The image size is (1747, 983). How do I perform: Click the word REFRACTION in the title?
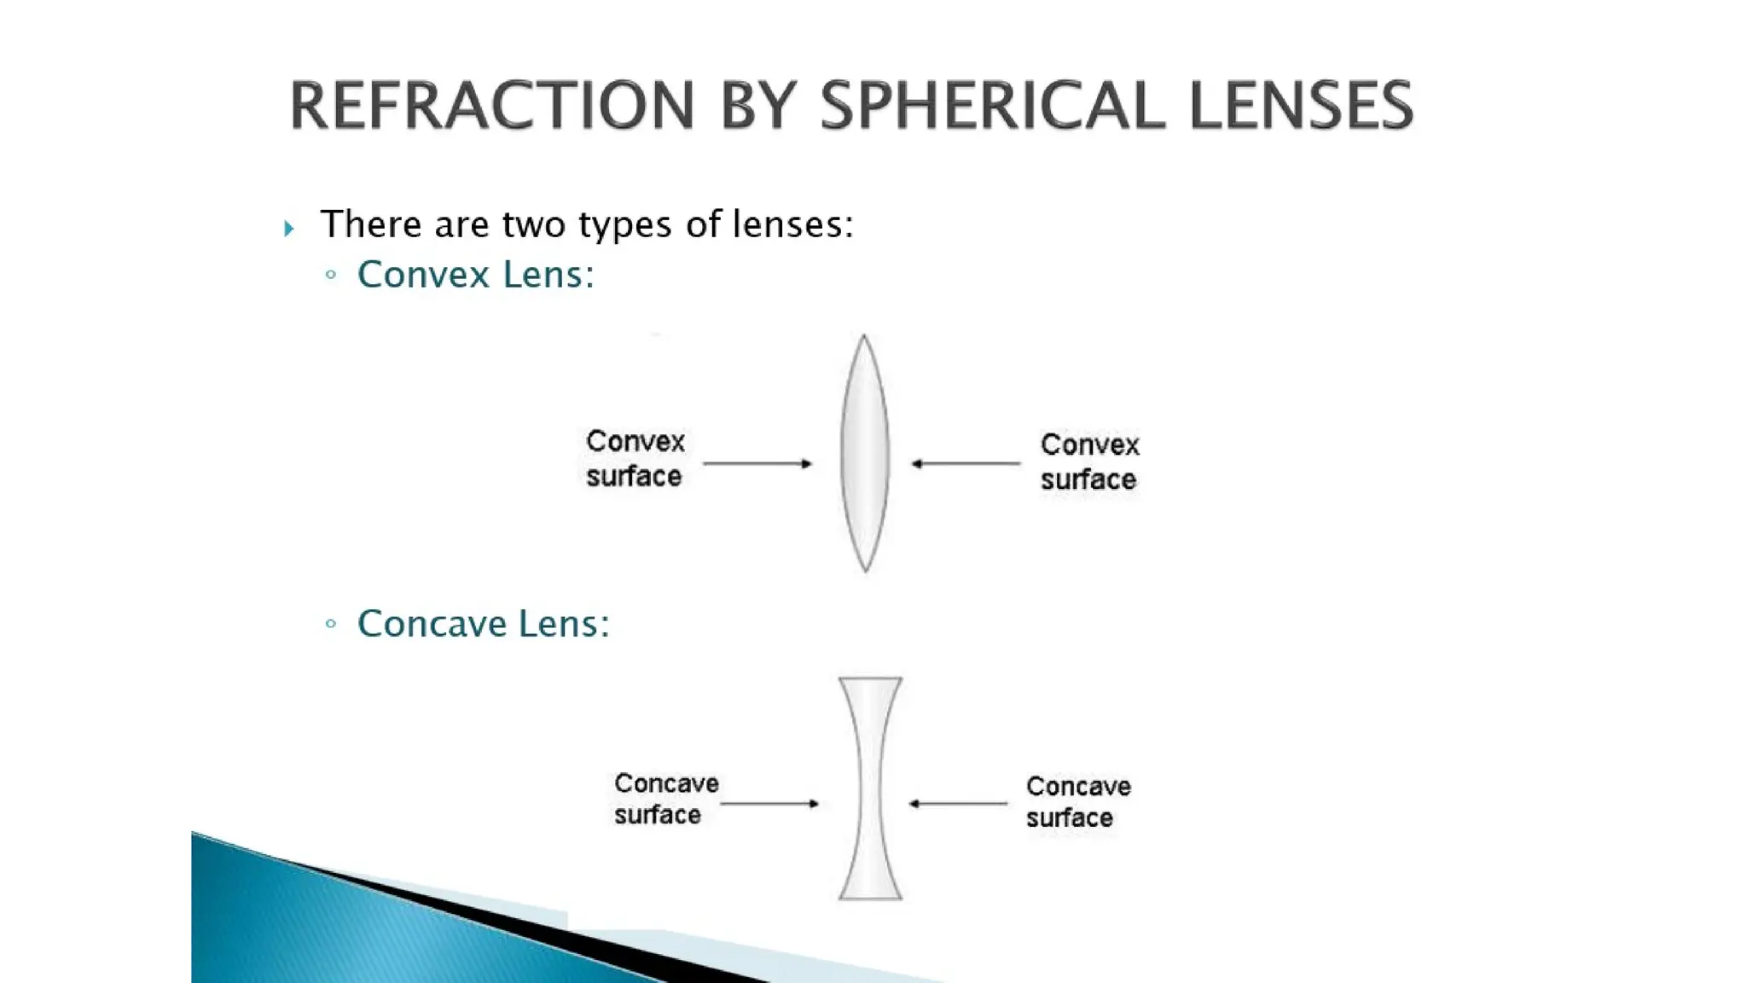491,106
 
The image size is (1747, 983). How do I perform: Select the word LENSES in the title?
1300,106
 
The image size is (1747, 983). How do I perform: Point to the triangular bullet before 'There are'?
289,228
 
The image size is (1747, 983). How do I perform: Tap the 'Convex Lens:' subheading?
475,275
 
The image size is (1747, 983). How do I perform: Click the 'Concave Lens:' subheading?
483,624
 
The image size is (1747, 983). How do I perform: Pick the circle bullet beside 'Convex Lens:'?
331,275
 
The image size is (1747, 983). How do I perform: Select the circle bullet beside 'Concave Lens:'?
331,624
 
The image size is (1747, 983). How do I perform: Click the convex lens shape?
865,453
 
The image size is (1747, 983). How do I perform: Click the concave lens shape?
870,788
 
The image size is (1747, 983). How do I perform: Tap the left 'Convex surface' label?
635,458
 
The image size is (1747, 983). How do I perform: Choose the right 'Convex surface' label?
1089,462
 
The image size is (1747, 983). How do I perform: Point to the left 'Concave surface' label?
665,799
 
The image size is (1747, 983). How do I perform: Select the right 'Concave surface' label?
1078,801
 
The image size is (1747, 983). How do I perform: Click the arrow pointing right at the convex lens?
757,463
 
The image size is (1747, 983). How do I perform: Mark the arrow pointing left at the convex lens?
966,463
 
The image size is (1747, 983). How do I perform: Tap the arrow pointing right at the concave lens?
769,803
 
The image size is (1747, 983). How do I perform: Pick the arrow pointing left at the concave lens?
958,803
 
